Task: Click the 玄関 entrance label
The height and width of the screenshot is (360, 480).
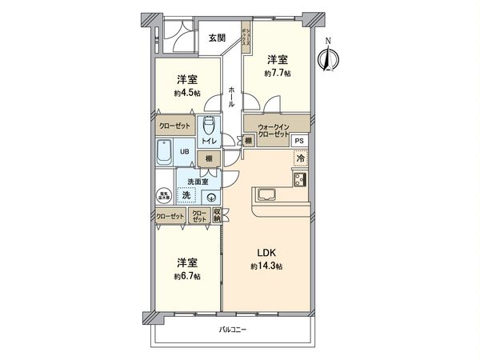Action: (217, 38)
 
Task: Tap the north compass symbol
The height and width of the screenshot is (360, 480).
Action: (326, 58)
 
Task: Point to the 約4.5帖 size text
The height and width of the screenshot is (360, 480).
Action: (186, 93)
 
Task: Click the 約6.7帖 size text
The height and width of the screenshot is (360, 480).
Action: (187, 276)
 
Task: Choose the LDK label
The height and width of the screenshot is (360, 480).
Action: (266, 254)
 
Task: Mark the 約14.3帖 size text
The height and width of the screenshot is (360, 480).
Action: (266, 266)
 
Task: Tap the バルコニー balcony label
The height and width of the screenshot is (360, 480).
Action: (234, 330)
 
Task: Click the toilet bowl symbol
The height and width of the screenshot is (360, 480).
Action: (209, 126)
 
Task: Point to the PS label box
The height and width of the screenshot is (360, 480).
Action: (299, 141)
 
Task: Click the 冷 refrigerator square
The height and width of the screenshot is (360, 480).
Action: (301, 159)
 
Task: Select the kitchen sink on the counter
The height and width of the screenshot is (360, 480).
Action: (266, 195)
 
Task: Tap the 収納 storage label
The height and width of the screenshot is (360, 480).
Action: (217, 214)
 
